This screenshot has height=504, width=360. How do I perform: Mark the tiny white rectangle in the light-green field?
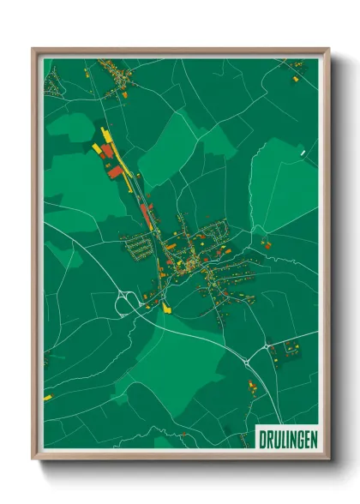click(x=303, y=154)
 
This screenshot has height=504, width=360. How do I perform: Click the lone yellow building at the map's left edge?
click(x=48, y=399)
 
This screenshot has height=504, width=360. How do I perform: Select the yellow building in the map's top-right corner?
click(x=296, y=79)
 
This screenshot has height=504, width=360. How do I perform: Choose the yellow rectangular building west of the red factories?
click(x=97, y=148)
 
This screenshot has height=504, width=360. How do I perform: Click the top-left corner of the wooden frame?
click(x=34, y=50)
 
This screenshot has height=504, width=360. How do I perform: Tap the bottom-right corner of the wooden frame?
click(x=327, y=459)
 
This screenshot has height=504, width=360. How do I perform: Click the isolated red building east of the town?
click(x=267, y=246)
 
